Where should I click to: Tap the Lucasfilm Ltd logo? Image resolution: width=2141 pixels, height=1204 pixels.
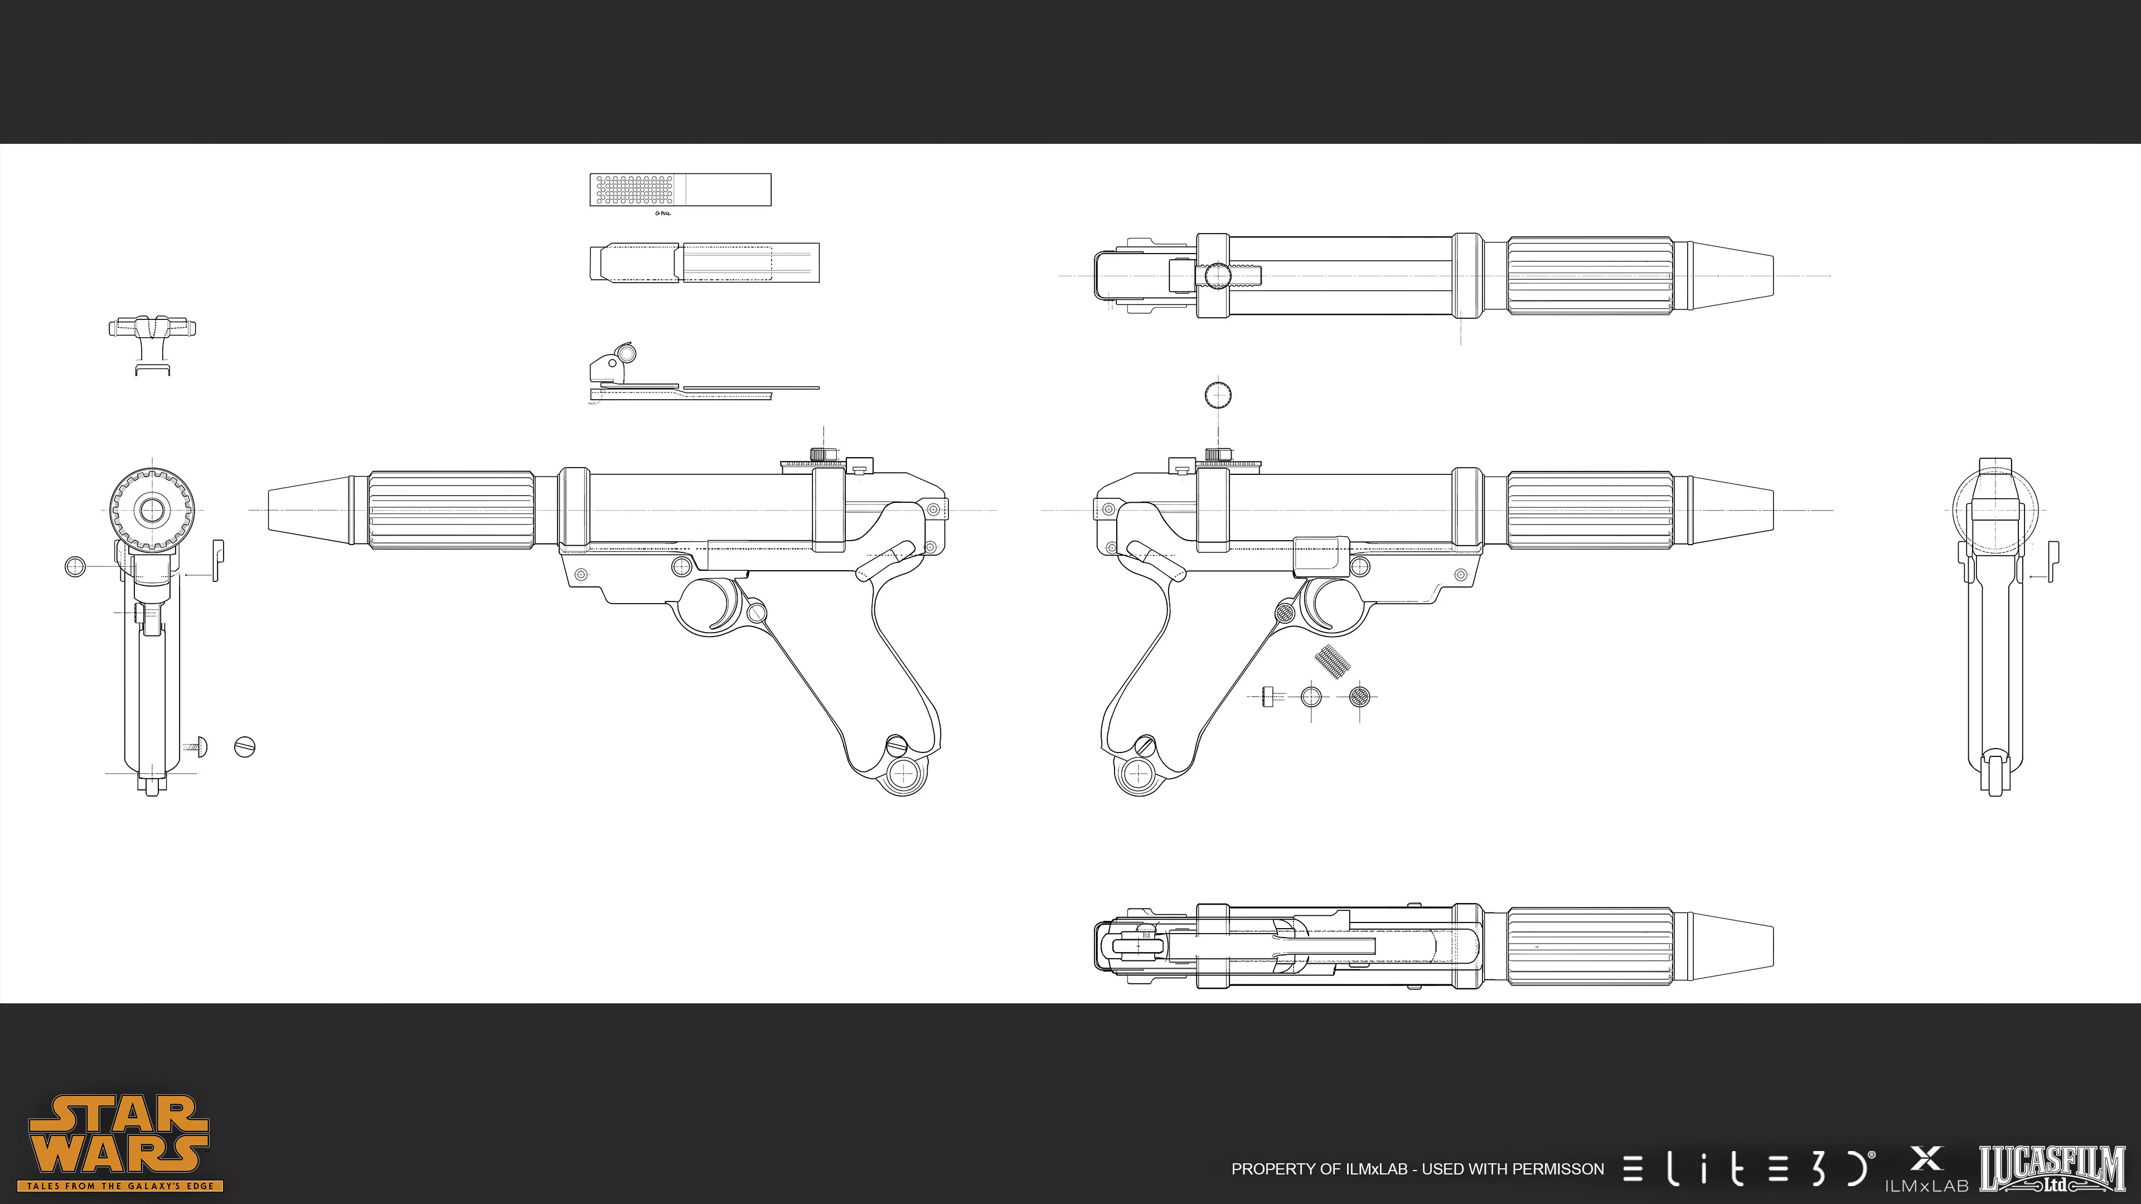pyautogui.click(x=2051, y=1167)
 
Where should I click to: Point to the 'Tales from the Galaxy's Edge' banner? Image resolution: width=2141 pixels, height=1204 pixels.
pyautogui.click(x=120, y=1186)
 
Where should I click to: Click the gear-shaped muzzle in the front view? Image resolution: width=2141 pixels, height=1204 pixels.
pyautogui.click(x=152, y=509)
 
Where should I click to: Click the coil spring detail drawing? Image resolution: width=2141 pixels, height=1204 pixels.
pyautogui.click(x=1331, y=662)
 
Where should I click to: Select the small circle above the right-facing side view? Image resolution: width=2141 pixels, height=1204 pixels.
pyautogui.click(x=1218, y=395)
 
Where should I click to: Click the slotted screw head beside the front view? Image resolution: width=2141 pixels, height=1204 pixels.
pyautogui.click(x=244, y=746)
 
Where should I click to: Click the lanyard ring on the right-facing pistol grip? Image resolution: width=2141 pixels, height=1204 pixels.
pyautogui.click(x=1137, y=774)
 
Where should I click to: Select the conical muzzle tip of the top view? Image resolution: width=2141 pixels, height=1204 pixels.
pyautogui.click(x=1733, y=275)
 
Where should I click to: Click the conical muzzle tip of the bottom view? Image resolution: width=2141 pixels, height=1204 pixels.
pyautogui.click(x=1733, y=945)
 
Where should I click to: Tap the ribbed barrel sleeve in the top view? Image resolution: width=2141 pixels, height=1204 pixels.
pyautogui.click(x=1589, y=275)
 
